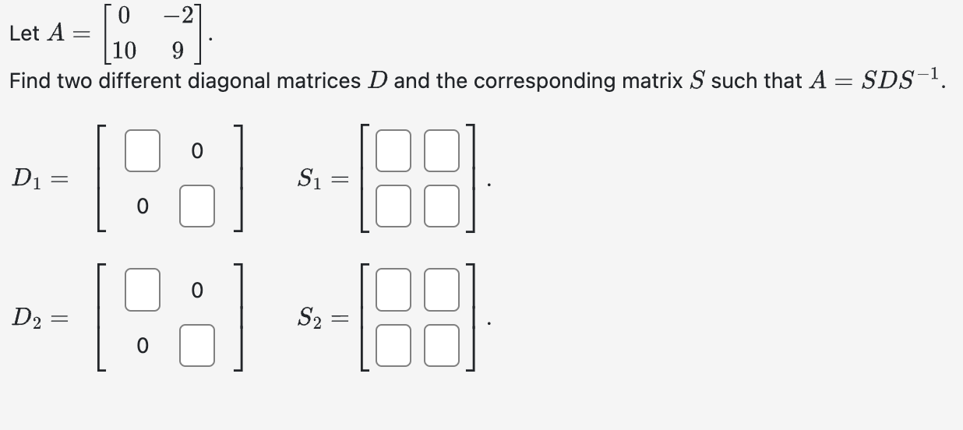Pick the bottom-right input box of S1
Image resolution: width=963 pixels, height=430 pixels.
(441, 210)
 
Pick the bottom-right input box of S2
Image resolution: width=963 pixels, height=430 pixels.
(441, 346)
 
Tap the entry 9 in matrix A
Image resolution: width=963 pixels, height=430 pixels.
(178, 51)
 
